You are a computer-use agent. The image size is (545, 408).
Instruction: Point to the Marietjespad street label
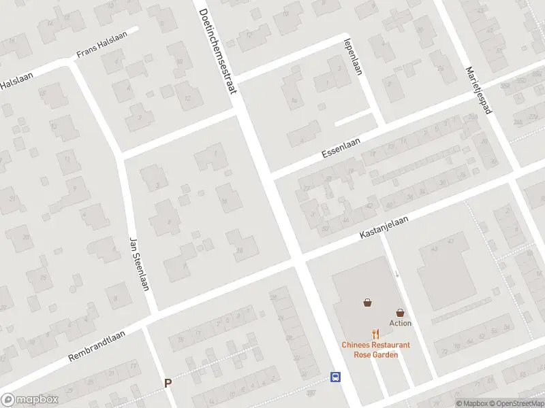click(x=479, y=89)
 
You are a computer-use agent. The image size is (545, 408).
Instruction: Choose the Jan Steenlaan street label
click(x=138, y=263)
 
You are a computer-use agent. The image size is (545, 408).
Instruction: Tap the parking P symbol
click(x=168, y=384)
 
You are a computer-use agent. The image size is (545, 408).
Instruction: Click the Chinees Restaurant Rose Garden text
click(x=375, y=350)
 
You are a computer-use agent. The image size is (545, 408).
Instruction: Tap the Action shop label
click(x=400, y=323)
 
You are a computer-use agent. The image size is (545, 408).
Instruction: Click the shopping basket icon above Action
click(x=400, y=312)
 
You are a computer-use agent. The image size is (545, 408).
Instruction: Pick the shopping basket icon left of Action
click(x=368, y=303)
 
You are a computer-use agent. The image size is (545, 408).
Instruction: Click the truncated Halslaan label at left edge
click(x=12, y=83)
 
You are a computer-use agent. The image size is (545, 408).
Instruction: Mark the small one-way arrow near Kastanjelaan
click(x=397, y=273)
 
